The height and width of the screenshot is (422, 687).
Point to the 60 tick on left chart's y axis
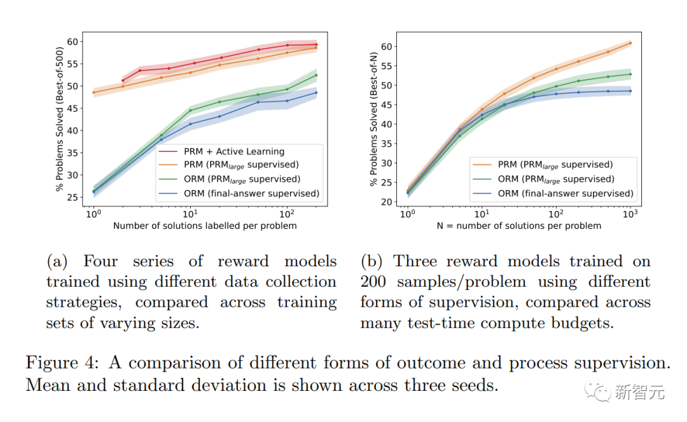click(x=74, y=41)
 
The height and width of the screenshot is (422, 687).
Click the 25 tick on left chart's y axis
click(x=74, y=198)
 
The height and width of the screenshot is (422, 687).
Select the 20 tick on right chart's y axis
click(x=387, y=201)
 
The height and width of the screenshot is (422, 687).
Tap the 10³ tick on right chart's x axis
click(x=630, y=215)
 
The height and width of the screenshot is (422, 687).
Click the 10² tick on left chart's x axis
click(x=288, y=215)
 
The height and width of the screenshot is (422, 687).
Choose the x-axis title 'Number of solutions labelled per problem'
click(x=205, y=226)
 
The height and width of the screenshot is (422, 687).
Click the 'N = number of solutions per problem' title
click(x=518, y=226)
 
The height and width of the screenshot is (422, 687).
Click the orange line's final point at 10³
click(x=630, y=43)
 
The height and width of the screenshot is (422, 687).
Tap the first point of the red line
click(x=123, y=81)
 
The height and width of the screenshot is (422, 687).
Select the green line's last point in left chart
click(x=316, y=75)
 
